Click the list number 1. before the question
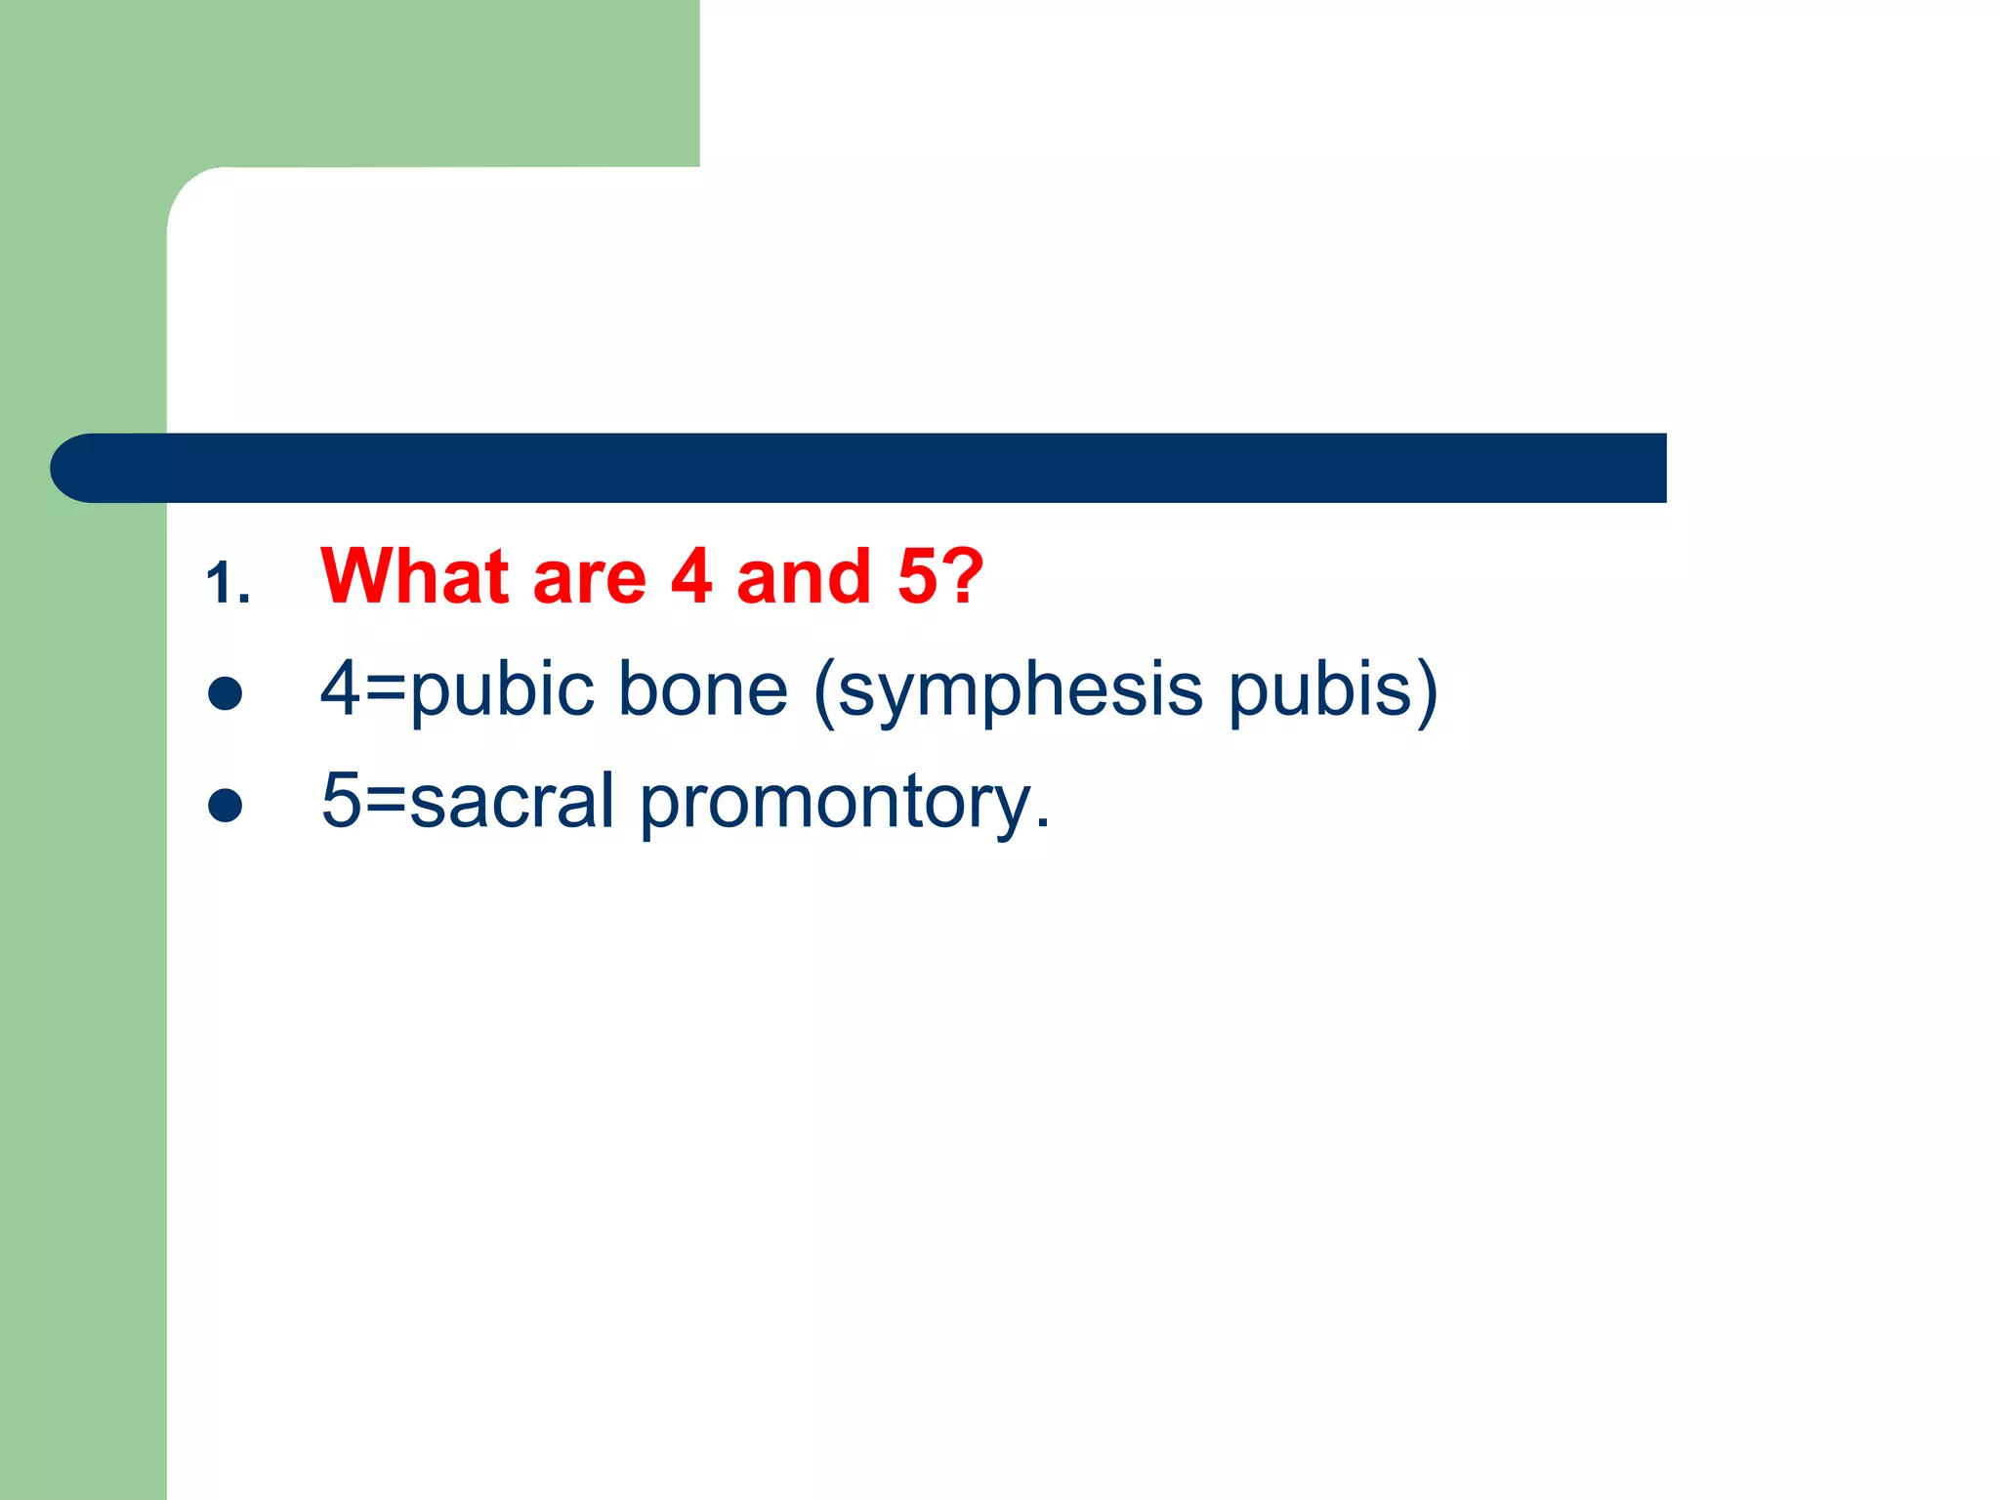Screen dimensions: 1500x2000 229,584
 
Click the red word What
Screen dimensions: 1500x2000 415,576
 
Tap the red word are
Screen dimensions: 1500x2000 589,576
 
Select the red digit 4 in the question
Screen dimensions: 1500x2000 691,576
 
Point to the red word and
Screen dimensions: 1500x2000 803,576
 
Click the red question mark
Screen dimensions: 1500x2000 963,576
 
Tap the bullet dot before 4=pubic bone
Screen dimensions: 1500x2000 226,693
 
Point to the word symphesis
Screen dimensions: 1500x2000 1020,691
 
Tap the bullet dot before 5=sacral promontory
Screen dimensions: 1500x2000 226,806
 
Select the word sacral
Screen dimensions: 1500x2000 512,801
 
